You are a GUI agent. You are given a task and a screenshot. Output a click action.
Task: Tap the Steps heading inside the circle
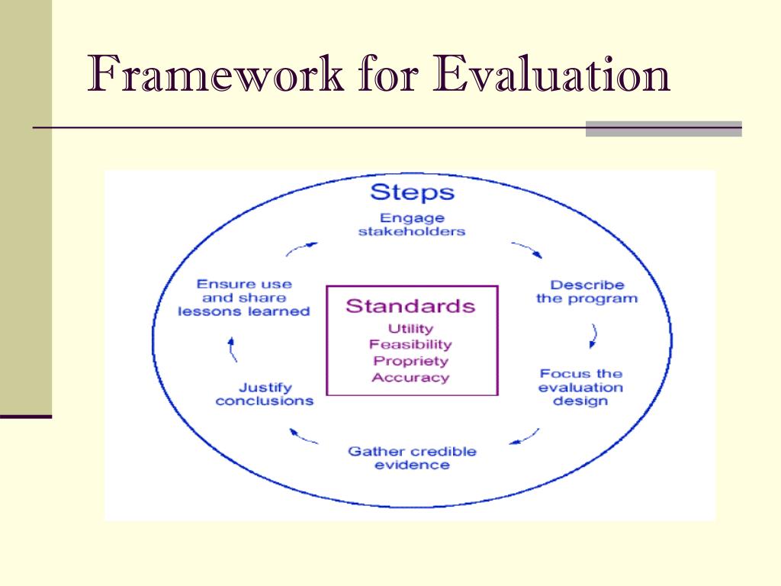coord(411,191)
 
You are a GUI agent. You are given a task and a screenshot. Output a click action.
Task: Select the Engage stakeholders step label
coord(411,224)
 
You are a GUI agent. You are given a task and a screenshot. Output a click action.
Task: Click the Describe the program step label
coord(587,291)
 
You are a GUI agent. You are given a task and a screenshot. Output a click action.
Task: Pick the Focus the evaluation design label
coord(580,387)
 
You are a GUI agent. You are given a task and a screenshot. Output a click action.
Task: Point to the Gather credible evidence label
coord(412,458)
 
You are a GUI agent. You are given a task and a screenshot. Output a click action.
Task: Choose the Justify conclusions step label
coord(265,394)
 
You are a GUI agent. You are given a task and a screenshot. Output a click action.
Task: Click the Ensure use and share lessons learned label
coord(244,298)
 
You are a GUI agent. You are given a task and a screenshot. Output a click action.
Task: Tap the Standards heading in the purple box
coord(410,307)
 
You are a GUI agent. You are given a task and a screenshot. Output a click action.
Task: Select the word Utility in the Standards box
coord(410,329)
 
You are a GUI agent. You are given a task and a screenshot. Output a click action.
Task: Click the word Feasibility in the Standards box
coord(410,345)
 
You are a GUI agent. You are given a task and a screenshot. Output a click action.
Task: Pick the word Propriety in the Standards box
coord(410,361)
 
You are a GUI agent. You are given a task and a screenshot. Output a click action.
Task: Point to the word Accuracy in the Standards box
coord(410,377)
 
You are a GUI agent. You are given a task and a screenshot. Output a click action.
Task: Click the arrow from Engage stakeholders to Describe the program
coord(526,250)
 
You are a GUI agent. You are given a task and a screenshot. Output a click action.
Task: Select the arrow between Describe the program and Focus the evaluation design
coord(594,334)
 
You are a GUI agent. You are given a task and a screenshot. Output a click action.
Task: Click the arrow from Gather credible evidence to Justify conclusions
coord(304,436)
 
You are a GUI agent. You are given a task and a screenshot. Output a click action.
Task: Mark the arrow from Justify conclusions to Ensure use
coord(232,349)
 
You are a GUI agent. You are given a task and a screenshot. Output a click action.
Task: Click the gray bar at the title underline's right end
coord(663,128)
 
